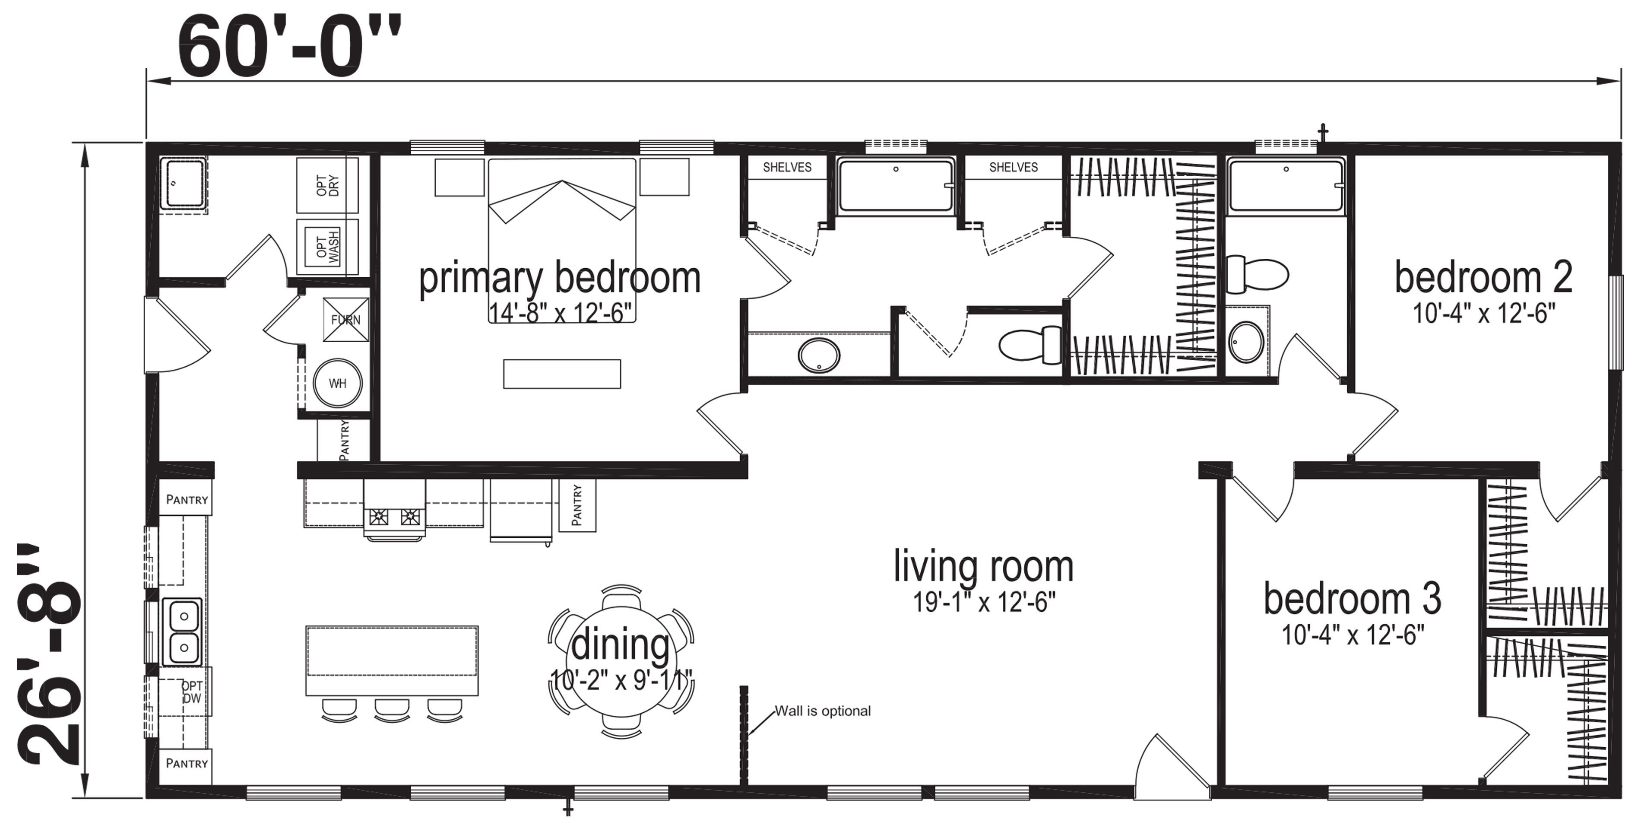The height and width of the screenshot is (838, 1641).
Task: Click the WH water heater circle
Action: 338,384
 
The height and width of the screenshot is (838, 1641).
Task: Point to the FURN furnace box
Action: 346,319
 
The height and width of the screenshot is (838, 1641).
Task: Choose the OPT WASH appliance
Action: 327,247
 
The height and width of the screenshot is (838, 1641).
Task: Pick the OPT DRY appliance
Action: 327,185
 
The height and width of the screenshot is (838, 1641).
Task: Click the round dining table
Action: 621,661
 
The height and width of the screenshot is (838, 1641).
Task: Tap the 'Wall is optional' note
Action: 822,711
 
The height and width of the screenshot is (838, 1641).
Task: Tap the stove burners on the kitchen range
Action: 394,516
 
